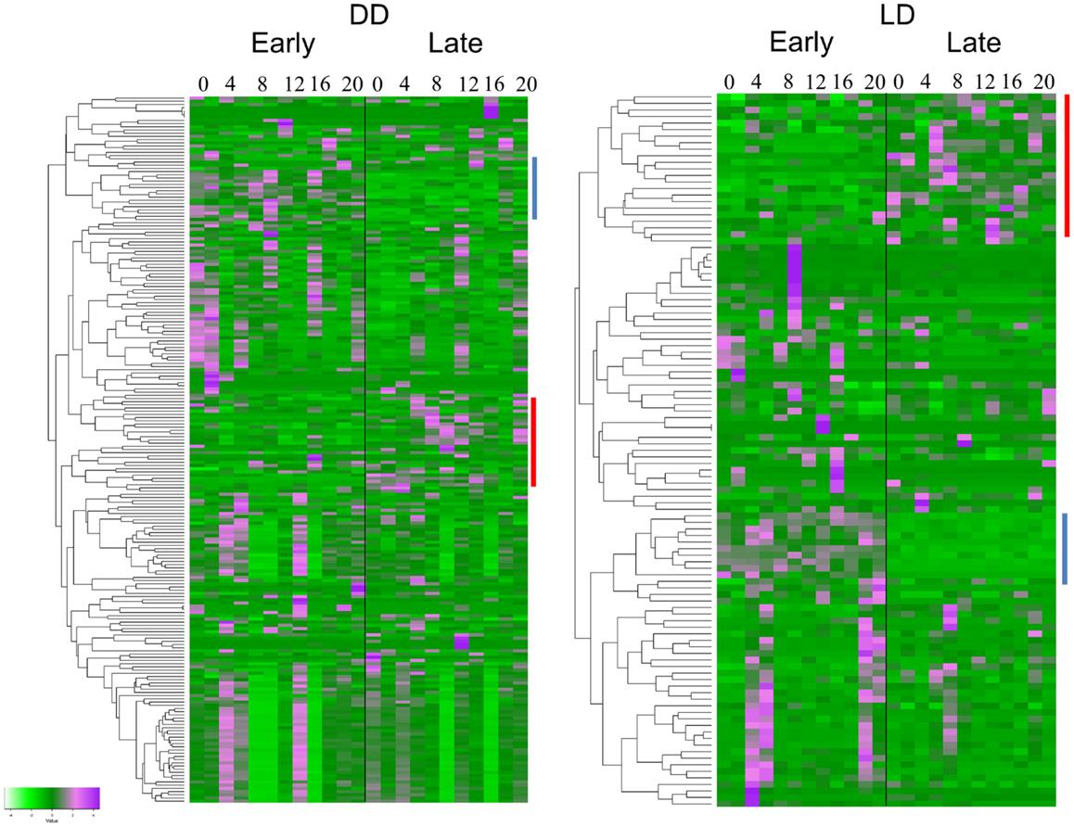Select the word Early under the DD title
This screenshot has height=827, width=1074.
tap(282, 45)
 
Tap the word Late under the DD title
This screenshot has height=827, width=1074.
tap(454, 45)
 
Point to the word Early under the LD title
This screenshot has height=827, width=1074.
tap(800, 43)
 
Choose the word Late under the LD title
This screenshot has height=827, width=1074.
tap(973, 43)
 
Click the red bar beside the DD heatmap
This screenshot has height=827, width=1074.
tap(534, 441)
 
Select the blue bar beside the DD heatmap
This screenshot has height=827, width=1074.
tap(534, 187)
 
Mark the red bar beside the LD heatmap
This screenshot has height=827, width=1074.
tap(1067, 165)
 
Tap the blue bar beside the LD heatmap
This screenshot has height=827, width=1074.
tap(1065, 549)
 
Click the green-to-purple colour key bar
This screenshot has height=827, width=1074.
tap(52, 796)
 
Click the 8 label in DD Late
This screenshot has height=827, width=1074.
tap(435, 84)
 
